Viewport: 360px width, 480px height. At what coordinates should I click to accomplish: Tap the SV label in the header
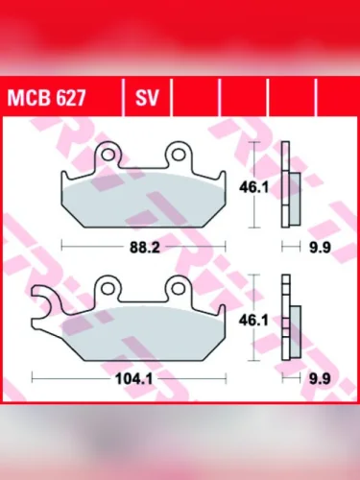pos(146,97)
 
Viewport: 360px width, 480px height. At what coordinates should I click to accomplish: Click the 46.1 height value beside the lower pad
pos(252,320)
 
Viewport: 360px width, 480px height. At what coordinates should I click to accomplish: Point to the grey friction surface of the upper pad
pos(144,201)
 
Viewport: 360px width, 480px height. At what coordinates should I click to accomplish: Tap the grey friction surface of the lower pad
pos(144,334)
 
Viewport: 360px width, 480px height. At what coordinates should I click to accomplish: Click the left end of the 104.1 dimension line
pos(33,377)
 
